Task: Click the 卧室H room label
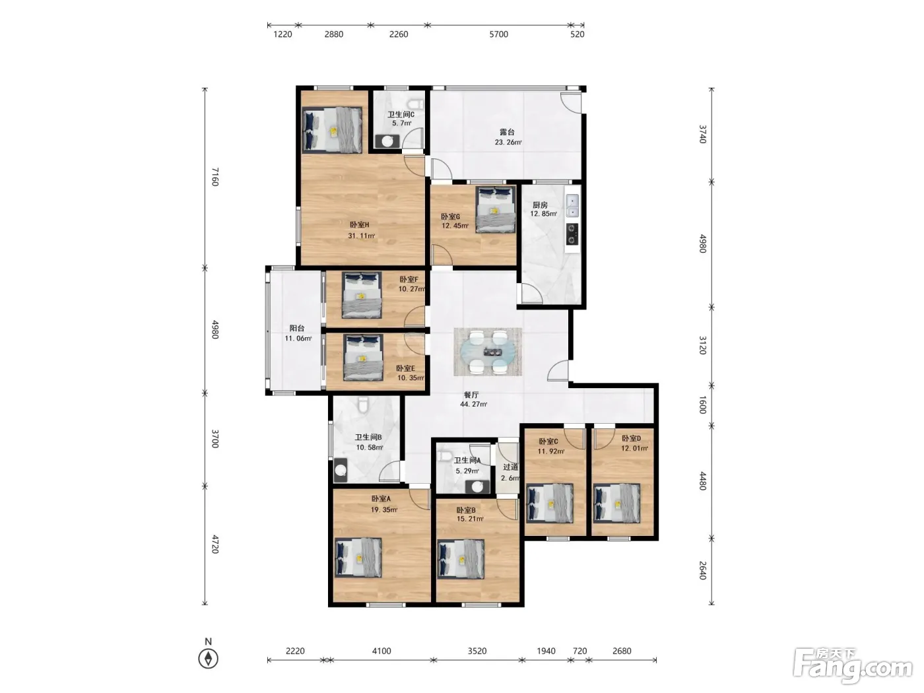point(359,224)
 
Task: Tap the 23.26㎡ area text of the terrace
point(508,142)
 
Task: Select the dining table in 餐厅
point(488,351)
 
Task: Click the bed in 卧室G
point(496,209)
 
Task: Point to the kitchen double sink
point(572,205)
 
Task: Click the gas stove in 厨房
point(572,234)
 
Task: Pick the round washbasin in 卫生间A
point(477,487)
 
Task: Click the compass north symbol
point(208,659)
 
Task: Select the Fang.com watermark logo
point(853,665)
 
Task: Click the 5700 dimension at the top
point(498,34)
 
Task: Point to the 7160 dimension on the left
point(214,177)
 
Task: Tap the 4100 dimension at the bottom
point(381,651)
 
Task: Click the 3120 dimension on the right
point(703,345)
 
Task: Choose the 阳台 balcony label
point(297,328)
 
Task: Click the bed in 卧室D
point(616,503)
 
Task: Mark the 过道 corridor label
point(510,467)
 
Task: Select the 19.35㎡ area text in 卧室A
point(384,510)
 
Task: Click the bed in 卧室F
point(362,295)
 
